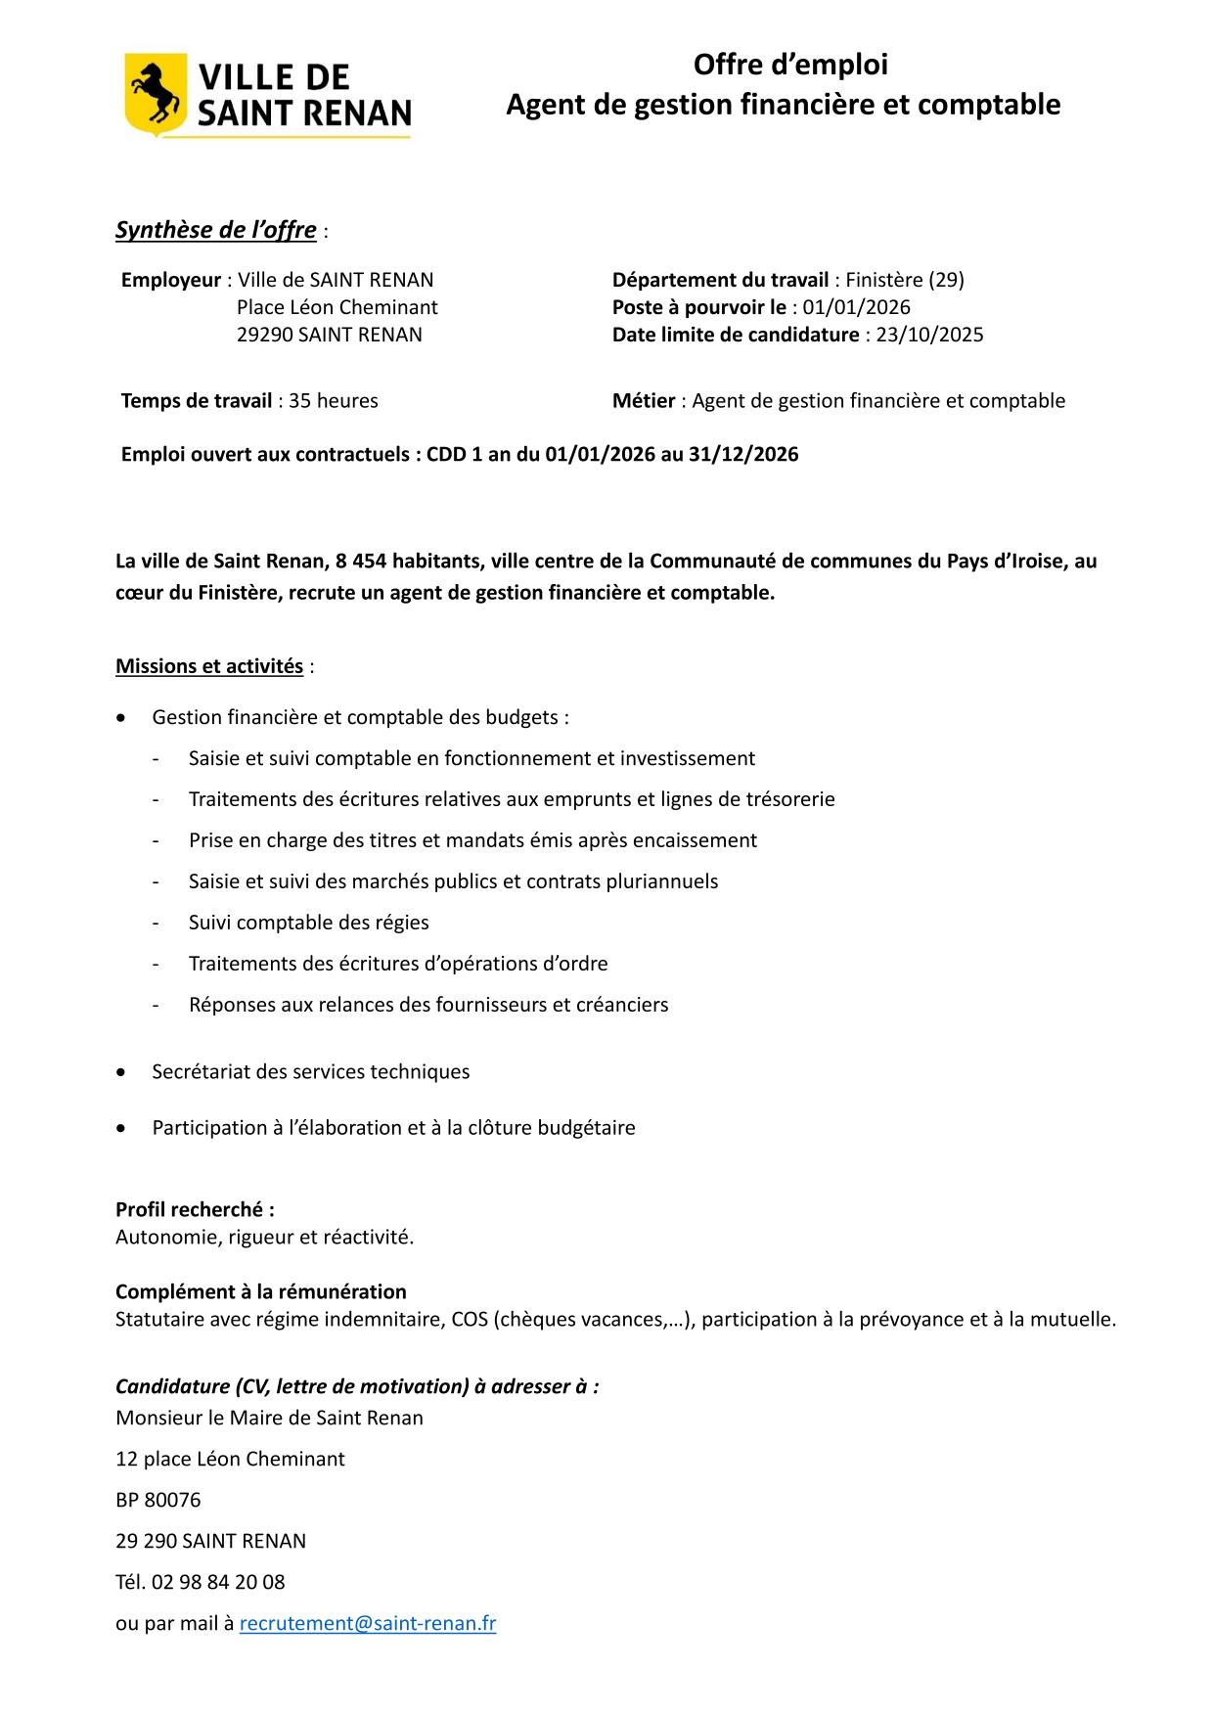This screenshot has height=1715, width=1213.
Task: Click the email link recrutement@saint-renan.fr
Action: (x=367, y=1623)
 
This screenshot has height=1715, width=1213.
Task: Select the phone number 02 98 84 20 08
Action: (x=218, y=1582)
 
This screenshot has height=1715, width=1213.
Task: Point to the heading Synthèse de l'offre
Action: (x=215, y=230)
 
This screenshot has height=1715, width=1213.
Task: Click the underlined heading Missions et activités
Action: (x=208, y=666)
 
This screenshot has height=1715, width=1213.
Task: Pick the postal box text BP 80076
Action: (x=157, y=1500)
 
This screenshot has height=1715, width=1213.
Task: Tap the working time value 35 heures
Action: (x=334, y=400)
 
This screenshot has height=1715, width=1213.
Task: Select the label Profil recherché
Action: (x=194, y=1209)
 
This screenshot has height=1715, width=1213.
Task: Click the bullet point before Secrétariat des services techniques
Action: (x=120, y=1072)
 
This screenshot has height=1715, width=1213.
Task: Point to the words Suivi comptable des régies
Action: (x=308, y=923)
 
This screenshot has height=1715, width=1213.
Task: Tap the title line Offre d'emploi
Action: (x=790, y=65)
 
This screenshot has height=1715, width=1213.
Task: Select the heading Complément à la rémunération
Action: (x=260, y=1291)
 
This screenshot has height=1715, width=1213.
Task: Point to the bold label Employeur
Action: (x=170, y=280)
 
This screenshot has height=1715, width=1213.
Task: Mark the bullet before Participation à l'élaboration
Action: (x=120, y=1128)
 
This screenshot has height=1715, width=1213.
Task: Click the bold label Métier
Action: (x=643, y=400)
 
